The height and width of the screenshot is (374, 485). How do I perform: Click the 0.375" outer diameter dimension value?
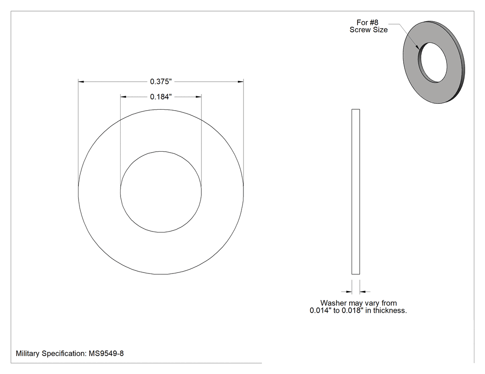(x=161, y=82)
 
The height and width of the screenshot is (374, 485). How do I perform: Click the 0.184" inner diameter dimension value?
(x=161, y=97)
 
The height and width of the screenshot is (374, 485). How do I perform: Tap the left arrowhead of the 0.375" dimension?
(x=81, y=82)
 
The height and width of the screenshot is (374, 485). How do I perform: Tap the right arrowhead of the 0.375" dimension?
(x=241, y=82)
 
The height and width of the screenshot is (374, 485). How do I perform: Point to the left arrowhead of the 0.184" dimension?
(x=123, y=97)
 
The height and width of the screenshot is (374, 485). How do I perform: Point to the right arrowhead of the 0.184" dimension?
(x=199, y=97)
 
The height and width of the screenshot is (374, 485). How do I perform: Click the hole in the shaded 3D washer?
(x=433, y=62)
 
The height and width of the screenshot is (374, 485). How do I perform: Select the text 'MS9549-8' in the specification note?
(x=106, y=353)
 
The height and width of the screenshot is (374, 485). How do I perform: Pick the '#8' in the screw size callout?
(x=374, y=23)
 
